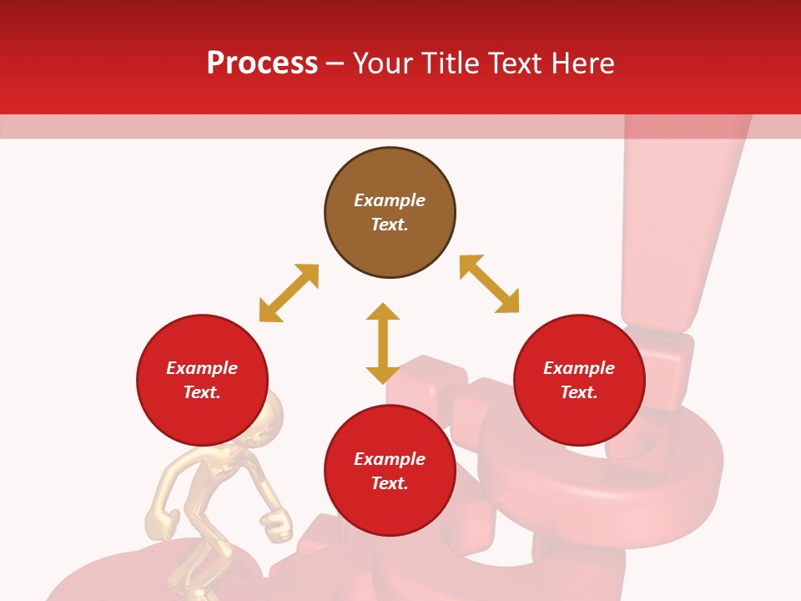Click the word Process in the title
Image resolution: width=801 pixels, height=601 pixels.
[262, 63]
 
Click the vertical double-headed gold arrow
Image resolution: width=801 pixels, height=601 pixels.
[383, 343]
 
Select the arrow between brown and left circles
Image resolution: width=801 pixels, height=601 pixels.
[289, 293]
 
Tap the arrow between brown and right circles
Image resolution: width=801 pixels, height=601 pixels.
[490, 284]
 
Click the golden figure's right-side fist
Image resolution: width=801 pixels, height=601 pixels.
[277, 524]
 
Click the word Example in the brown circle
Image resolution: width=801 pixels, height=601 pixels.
[390, 200]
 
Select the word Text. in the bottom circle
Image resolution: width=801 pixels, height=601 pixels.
[390, 483]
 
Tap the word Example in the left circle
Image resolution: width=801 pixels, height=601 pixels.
[202, 368]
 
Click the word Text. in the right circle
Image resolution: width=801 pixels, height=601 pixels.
[579, 392]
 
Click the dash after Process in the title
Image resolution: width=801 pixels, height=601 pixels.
[335, 64]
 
